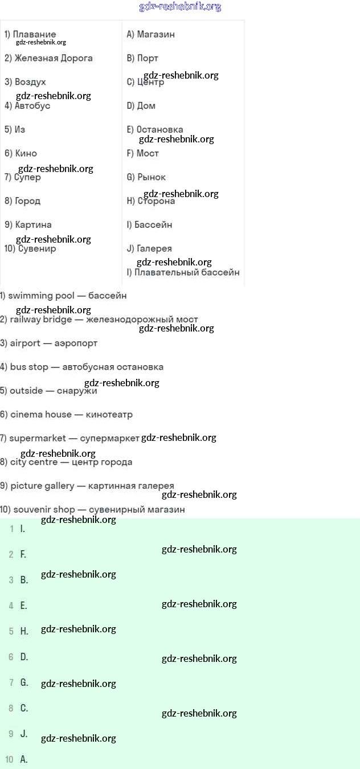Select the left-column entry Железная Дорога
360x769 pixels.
coord(54,58)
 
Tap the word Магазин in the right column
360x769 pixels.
coord(156,34)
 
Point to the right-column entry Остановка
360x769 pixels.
coord(159,129)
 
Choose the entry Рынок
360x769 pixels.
coord(152,177)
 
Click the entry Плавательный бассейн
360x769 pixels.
coord(187,272)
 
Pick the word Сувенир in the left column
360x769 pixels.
coord(37,248)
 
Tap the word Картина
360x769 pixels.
coord(33,224)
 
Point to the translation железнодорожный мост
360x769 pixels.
coord(142,320)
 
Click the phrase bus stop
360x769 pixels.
coord(29,367)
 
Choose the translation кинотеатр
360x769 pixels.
coord(109,415)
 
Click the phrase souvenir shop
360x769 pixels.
coord(44,509)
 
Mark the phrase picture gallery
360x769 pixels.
coord(42,486)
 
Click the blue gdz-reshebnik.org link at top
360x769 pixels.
coord(180,7)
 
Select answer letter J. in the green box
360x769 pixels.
coord(24,734)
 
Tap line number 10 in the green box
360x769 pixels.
coord(9,759)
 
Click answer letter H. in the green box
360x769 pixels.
coord(24,631)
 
